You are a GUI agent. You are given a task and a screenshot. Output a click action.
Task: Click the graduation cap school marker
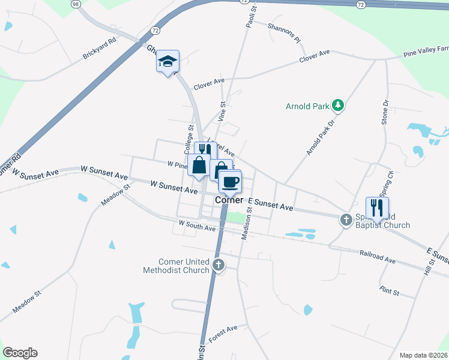168,61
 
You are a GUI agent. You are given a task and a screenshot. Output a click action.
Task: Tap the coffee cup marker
230,181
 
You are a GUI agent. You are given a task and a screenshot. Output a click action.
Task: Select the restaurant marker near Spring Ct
377,208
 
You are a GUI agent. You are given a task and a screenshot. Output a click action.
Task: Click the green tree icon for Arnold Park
338,106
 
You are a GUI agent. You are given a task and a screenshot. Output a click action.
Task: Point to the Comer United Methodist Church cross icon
218,265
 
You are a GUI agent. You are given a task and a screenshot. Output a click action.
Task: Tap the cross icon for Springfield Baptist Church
346,220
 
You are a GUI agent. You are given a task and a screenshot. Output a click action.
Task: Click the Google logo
20,353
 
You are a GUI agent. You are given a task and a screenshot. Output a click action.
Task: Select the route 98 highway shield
75,4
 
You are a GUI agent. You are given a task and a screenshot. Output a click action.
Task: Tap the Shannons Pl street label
283,34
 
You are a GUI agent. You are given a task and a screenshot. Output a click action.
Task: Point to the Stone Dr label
385,112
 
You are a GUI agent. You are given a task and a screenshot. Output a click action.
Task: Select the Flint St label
390,292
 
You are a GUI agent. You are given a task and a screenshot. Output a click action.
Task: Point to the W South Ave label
196,227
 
